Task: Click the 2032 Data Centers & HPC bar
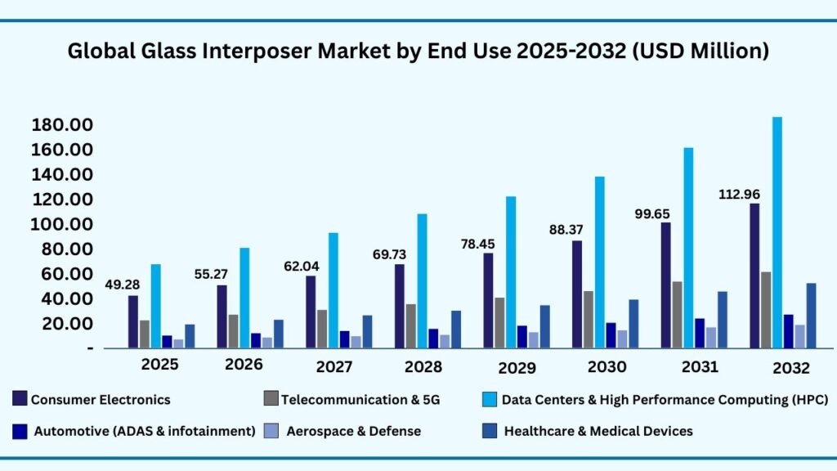pos(777,232)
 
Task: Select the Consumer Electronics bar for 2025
pos(133,321)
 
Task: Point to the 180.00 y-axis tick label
pos(61,125)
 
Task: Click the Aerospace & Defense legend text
pos(353,431)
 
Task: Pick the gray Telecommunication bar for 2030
pos(589,319)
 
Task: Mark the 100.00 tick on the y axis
pos(61,225)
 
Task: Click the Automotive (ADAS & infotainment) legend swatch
pos(20,430)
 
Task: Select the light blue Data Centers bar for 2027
pos(333,290)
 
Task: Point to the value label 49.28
pos(123,285)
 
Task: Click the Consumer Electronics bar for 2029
pos(488,300)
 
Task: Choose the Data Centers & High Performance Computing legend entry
pos(665,400)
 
